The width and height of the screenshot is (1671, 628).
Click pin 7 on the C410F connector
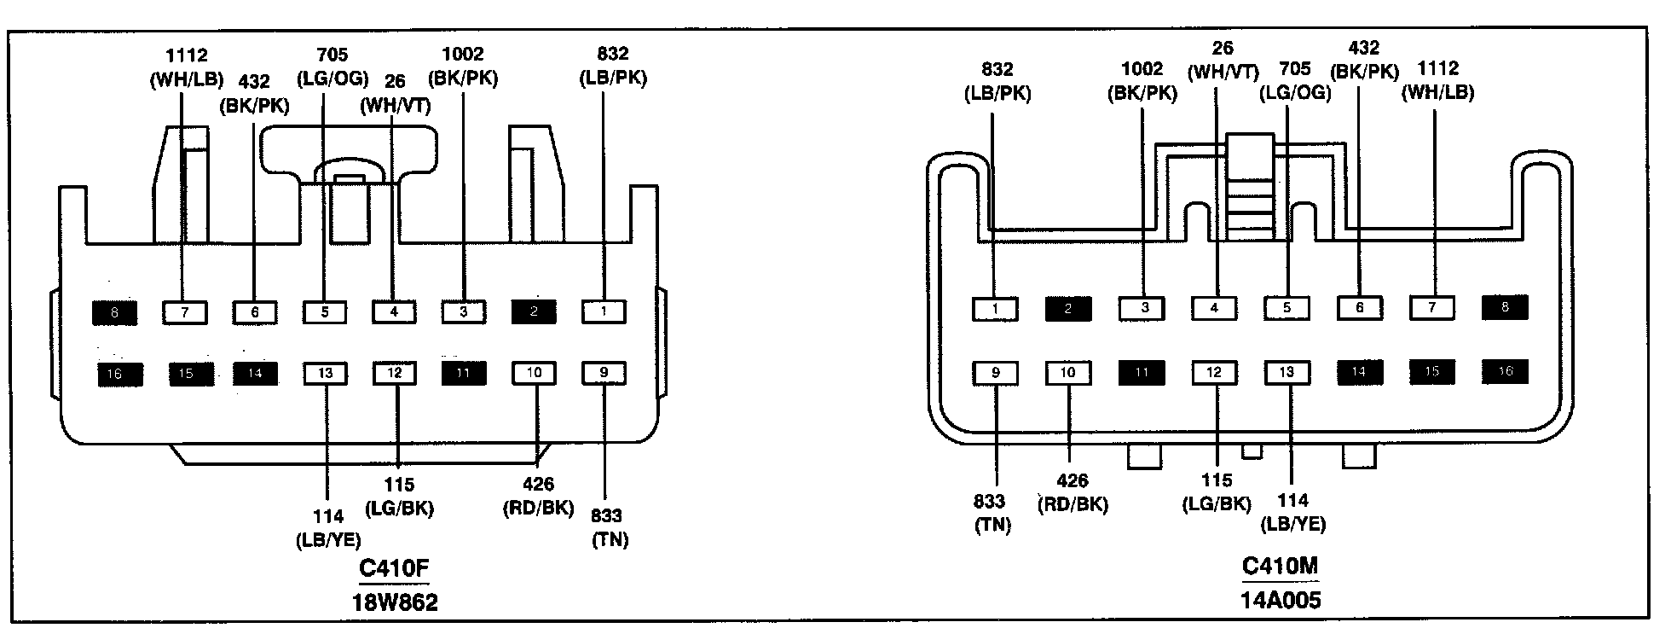click(184, 312)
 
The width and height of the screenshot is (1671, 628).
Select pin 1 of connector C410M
click(995, 308)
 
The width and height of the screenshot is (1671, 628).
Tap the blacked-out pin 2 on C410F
click(534, 312)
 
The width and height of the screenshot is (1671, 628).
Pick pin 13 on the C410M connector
click(1286, 372)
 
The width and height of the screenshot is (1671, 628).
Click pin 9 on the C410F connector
click(604, 373)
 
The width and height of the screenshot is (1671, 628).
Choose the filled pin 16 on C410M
click(1505, 371)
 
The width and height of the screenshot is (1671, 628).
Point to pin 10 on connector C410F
click(534, 373)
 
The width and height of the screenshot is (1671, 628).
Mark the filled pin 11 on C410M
click(1141, 372)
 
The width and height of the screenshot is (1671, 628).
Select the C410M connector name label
click(1281, 566)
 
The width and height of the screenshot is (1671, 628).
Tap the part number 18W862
click(395, 602)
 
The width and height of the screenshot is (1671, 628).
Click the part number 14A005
click(1281, 600)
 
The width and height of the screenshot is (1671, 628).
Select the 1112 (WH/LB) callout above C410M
click(1438, 80)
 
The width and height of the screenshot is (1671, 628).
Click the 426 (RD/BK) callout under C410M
click(1073, 493)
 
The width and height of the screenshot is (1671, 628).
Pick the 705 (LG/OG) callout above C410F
click(332, 67)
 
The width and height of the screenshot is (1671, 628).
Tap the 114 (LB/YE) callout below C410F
click(328, 527)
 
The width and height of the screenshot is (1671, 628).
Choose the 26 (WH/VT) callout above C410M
click(1222, 61)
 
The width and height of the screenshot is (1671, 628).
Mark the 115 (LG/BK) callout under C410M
click(1217, 493)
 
